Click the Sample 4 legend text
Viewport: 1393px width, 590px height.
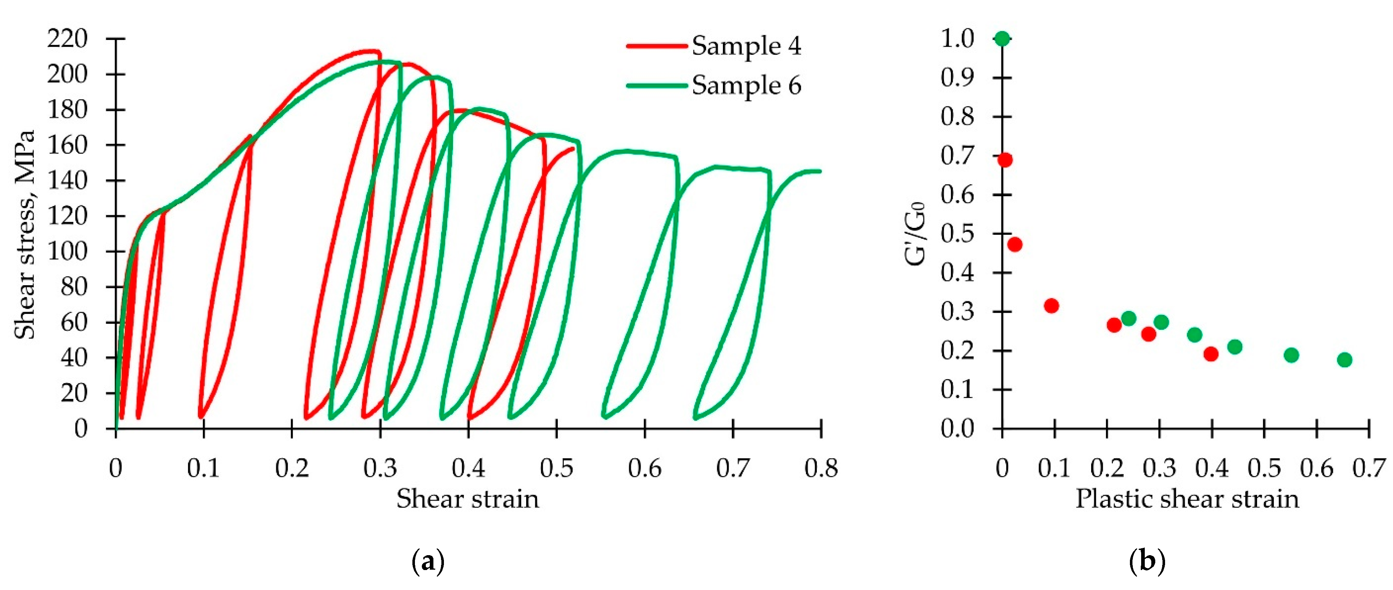(746, 46)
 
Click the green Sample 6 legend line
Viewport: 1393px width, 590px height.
(657, 86)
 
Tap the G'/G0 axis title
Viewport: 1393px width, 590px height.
(915, 233)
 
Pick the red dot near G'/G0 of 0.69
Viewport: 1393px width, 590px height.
(1005, 160)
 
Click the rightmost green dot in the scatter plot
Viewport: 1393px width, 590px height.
(1344, 360)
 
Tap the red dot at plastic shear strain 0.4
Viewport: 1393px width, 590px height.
(1211, 354)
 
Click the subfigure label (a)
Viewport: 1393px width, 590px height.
(428, 562)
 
